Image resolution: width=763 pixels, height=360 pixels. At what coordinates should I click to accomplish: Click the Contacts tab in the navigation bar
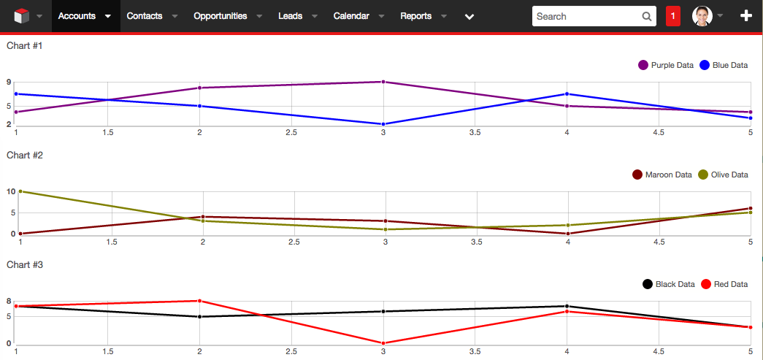point(144,16)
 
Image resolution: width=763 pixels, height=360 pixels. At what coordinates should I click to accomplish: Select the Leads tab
point(290,16)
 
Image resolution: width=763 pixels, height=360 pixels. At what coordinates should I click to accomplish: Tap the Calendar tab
point(350,16)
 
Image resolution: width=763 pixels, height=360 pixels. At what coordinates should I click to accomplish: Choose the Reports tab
point(415,16)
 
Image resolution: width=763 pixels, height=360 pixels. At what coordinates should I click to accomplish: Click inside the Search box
point(587,16)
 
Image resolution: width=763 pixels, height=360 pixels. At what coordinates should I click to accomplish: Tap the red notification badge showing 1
point(673,16)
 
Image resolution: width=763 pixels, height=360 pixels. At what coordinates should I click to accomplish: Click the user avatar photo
point(702,16)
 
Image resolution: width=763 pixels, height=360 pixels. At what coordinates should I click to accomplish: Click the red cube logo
point(21,16)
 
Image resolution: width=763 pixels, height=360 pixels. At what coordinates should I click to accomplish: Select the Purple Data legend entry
point(666,65)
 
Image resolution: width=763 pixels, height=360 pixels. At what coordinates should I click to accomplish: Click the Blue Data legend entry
point(724,65)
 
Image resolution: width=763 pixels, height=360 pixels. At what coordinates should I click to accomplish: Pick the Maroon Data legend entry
point(662,175)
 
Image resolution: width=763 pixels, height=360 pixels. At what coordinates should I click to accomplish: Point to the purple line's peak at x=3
point(383,82)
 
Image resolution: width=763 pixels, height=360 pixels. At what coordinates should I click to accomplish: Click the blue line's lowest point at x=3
point(383,124)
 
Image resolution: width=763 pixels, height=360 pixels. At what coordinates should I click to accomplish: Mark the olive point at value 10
point(20,191)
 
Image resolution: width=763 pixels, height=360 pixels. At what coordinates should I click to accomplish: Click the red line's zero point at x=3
point(383,343)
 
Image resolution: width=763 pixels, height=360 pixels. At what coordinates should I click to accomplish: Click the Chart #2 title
point(25,155)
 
